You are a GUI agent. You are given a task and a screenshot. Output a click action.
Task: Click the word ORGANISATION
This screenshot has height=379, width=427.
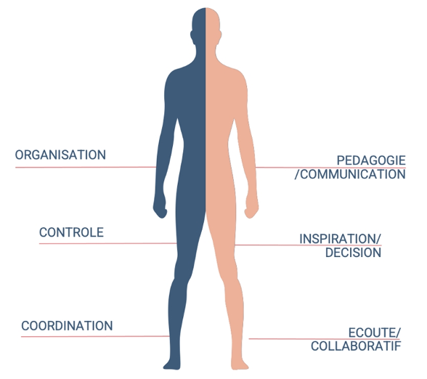click(x=60, y=155)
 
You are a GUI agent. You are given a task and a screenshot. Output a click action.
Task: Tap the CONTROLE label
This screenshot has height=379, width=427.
click(x=71, y=232)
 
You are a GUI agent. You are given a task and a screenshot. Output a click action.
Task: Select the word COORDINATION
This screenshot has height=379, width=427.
click(x=67, y=326)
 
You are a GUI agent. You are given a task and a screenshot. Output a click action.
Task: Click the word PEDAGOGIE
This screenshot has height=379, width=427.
click(x=371, y=160)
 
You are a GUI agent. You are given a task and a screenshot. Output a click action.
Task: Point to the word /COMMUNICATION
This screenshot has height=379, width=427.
click(x=350, y=174)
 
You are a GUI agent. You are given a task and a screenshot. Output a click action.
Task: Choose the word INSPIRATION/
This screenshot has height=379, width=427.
click(x=340, y=239)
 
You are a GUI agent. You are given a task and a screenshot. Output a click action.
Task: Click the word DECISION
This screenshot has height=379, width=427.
click(x=353, y=253)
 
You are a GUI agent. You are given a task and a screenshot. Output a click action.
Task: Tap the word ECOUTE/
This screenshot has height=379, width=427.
click(x=375, y=333)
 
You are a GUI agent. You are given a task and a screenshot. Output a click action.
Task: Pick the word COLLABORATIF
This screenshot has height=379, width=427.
click(x=356, y=346)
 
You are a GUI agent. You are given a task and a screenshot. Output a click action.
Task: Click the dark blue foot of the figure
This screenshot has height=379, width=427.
click(x=172, y=364)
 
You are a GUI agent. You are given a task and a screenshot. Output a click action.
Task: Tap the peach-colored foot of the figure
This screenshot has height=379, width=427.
click(x=239, y=364)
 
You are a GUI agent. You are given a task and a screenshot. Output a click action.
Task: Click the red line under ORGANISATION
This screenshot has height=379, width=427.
click(x=86, y=167)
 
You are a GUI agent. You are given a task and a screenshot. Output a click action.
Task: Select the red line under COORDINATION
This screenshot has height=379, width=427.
click(x=95, y=337)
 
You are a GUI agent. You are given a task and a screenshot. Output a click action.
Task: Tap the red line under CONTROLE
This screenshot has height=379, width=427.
click(x=107, y=243)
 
